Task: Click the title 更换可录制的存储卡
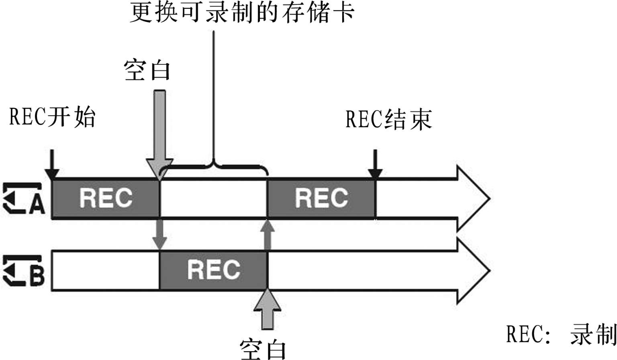click(242, 13)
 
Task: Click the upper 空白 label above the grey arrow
click(147, 70)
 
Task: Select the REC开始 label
click(52, 117)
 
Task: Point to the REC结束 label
click(388, 119)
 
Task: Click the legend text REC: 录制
click(561, 334)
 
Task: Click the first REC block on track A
click(106, 198)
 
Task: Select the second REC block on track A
click(321, 198)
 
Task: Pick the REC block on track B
click(213, 270)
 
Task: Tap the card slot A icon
click(24, 198)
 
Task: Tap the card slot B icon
click(24, 271)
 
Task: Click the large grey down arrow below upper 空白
click(159, 133)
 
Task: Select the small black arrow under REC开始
click(52, 165)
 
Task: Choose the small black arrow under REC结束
click(375, 165)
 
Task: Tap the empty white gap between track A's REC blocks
click(213, 198)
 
